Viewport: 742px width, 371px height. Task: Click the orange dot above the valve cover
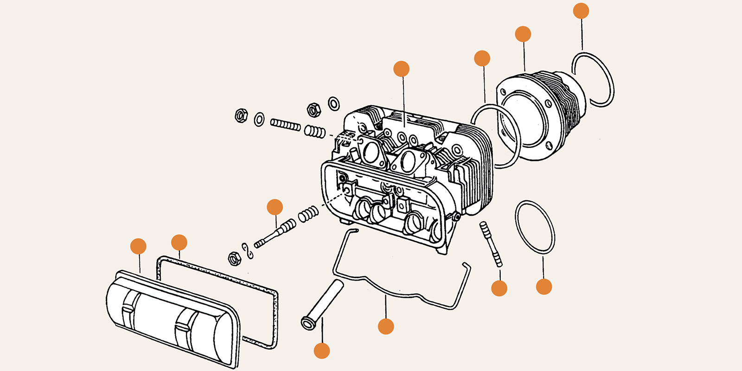tap(138, 246)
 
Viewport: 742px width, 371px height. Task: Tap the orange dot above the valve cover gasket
tap(179, 243)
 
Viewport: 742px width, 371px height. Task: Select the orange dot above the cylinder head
tap(401, 69)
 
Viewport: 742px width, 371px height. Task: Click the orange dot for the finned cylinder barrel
tap(523, 34)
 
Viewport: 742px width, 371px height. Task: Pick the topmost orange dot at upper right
tap(581, 11)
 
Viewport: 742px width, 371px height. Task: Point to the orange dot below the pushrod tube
tap(322, 351)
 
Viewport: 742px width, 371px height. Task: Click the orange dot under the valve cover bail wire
tap(386, 326)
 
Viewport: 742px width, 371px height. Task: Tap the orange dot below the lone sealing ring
tap(544, 287)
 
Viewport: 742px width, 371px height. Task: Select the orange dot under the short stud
tap(499, 288)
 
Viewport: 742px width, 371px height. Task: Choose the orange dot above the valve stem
tap(275, 207)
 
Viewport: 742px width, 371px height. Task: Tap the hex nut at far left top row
tap(241, 115)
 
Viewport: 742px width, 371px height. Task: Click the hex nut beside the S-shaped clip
tap(234, 258)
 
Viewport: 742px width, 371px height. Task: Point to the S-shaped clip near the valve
tap(248, 250)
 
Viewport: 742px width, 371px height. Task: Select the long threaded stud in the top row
tap(285, 125)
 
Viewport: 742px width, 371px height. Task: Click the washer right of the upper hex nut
tap(333, 103)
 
